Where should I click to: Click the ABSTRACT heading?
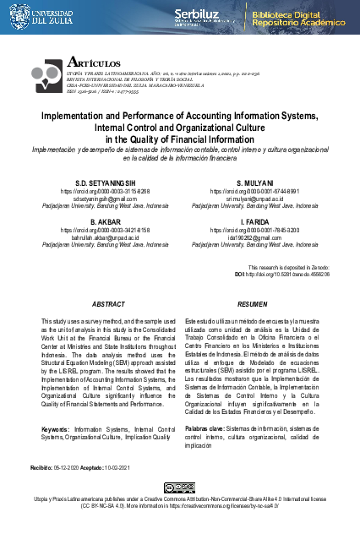pos(107,303)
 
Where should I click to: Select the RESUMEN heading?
pos(253,303)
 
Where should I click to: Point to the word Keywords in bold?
pos(56,429)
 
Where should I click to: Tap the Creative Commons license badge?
pos(180,489)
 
